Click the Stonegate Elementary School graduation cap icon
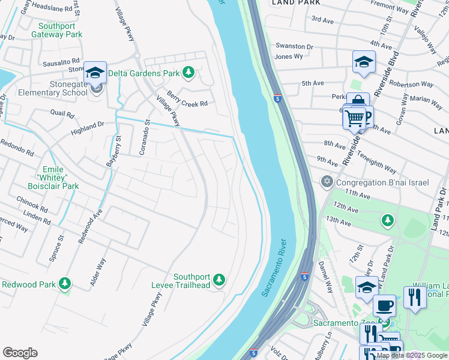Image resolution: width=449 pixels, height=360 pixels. [x=95, y=73]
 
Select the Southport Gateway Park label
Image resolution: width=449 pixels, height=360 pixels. [x=61, y=31]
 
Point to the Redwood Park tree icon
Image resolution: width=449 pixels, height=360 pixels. [x=65, y=284]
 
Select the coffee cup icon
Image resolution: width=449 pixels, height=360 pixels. [x=384, y=306]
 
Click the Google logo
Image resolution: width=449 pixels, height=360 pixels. [x=20, y=352]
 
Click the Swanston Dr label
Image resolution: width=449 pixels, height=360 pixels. [x=294, y=46]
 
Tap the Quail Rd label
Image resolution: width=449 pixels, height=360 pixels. [x=62, y=113]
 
